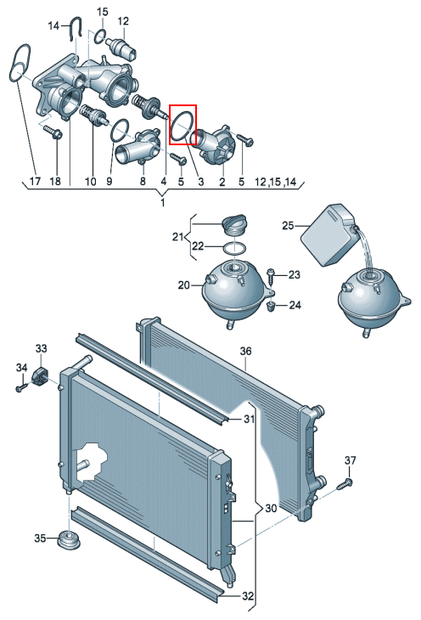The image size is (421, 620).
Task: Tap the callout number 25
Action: coord(289,225)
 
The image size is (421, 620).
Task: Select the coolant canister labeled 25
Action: coord(328,235)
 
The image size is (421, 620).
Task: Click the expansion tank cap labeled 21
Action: coord(235,225)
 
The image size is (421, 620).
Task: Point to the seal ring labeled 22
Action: coord(225,249)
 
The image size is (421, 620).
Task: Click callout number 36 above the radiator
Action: coord(245,351)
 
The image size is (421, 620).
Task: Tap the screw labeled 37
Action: coord(345,483)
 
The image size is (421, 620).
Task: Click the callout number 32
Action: coord(248,596)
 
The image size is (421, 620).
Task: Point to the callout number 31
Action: coord(249,419)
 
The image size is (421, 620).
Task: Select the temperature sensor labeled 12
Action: coord(122,48)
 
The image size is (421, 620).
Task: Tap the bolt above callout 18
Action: coord(53,132)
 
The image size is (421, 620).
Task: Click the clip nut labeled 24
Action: coord(271,307)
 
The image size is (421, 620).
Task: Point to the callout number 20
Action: coord(184,285)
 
